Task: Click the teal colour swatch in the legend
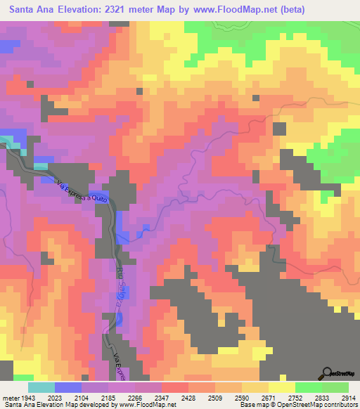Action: click(x=41, y=387)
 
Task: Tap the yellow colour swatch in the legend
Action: click(x=281, y=387)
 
